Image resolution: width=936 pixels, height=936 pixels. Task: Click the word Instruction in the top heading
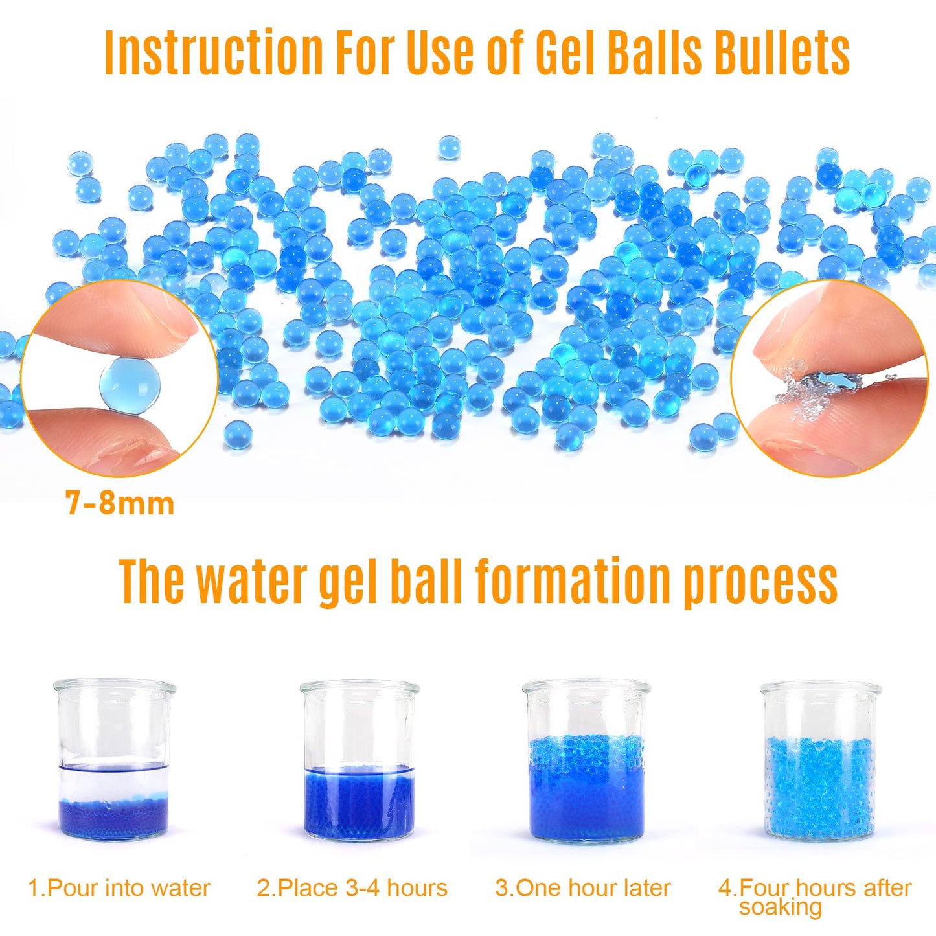coord(214,52)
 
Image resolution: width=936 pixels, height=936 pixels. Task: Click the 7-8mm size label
coord(120,504)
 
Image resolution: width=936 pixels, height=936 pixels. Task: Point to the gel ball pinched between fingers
coord(130,387)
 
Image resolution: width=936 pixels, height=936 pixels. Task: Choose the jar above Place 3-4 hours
coord(359,761)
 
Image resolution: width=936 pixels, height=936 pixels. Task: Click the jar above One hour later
coord(586,761)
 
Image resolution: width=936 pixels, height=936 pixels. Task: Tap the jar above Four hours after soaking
coord(820,761)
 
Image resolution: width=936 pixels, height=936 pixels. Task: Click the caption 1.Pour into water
coord(119,888)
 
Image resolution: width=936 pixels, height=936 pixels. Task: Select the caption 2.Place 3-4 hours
coord(352,888)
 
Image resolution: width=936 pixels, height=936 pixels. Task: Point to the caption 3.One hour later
coord(583,888)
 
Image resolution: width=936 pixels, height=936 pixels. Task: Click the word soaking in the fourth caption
coord(780,908)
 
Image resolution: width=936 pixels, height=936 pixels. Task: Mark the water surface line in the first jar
coord(114,767)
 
